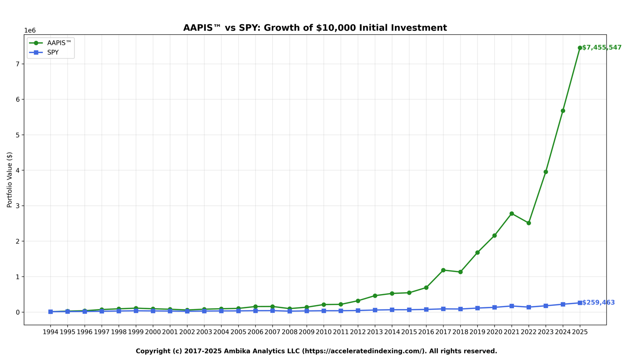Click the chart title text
[315, 28]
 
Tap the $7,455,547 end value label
[601, 48]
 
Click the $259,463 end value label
[598, 303]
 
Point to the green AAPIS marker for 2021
[512, 214]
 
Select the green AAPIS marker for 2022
[528, 223]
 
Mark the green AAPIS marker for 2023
[546, 172]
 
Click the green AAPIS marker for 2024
[563, 111]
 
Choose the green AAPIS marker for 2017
[443, 270]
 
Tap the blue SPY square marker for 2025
[580, 303]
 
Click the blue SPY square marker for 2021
[512, 306]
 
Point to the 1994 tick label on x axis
[50, 332]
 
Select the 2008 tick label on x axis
[289, 332]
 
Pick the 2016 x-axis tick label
[426, 332]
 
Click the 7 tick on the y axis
[18, 64]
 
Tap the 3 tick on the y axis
[18, 206]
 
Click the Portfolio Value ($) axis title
[10, 180]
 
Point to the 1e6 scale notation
[30, 31]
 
